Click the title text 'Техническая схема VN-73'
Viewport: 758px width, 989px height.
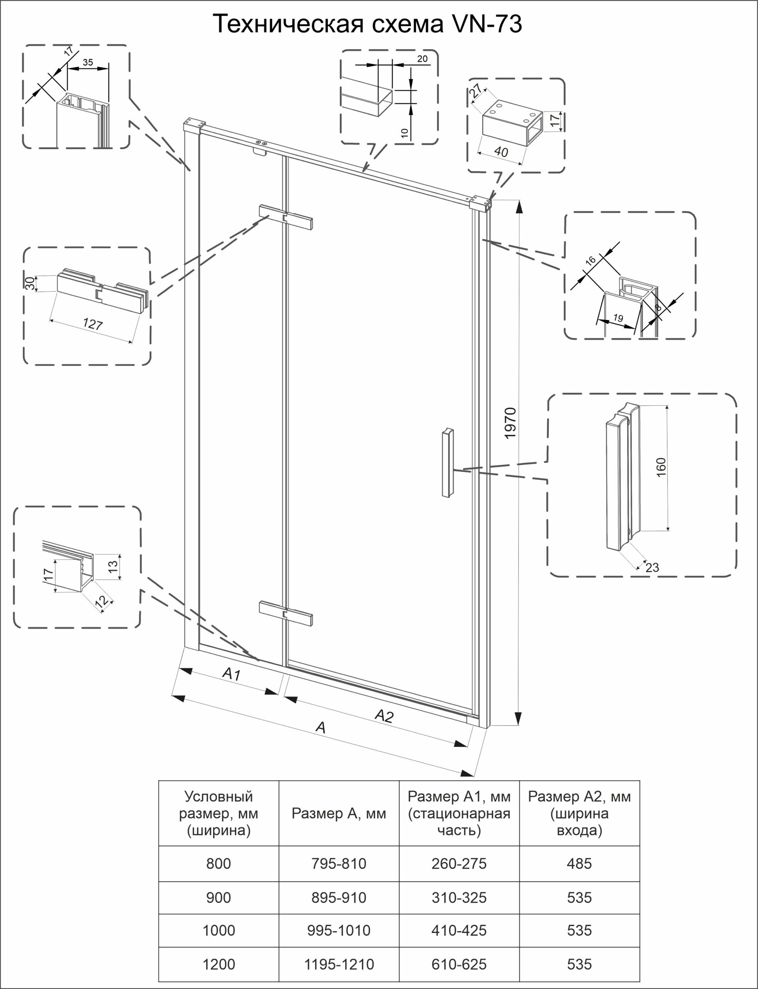367,24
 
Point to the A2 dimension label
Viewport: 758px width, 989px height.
384,715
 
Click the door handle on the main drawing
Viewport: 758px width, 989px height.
448,463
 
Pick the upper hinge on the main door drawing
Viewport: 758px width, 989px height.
286,217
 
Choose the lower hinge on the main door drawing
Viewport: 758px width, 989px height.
286,613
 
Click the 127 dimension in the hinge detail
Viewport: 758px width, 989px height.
93,324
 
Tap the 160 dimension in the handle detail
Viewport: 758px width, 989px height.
661,467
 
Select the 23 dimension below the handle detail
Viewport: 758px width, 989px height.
652,568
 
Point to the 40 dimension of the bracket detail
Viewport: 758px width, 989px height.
501,152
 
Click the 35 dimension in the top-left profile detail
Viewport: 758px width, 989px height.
88,62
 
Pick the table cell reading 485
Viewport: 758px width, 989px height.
579,863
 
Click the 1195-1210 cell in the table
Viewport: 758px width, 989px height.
339,964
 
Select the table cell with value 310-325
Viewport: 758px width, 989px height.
459,897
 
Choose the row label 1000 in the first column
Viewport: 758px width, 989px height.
219,930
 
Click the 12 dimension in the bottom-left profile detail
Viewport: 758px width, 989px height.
102,601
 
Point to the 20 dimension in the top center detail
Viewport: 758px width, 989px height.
422,59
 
